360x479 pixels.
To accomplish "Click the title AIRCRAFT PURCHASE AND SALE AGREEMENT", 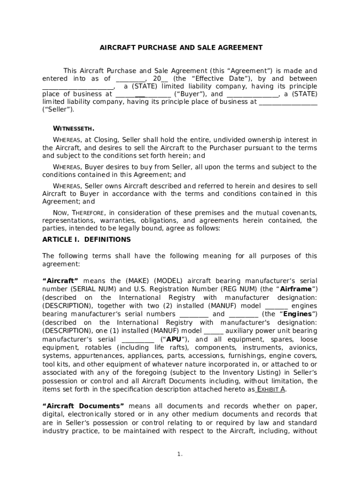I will tap(181, 48).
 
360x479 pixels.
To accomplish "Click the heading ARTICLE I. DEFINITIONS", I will tap(86, 239).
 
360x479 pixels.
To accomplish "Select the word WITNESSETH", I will tap(73, 128).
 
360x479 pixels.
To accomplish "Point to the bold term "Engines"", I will tap(299, 314).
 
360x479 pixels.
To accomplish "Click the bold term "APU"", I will tap(174, 339).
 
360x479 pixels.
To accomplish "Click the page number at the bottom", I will tap(180, 454).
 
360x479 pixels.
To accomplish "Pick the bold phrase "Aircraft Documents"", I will tap(83, 406).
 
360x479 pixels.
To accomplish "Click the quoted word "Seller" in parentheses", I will tap(58, 109).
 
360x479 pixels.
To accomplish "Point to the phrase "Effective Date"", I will tap(219, 79).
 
